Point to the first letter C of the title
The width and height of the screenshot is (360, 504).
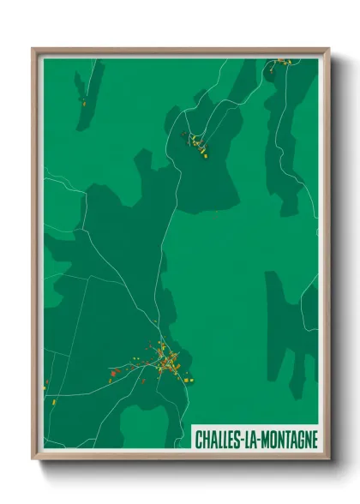(199, 439)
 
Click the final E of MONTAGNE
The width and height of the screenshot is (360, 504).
(314, 439)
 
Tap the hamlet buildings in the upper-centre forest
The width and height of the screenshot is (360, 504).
(197, 143)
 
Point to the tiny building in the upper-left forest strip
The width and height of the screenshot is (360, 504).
(84, 102)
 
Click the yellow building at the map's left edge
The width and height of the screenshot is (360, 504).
(51, 400)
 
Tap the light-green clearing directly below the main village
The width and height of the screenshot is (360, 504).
(141, 424)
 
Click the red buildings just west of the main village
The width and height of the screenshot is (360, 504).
(116, 372)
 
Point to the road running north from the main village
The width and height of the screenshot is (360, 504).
(160, 283)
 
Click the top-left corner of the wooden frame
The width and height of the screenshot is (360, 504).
(33, 50)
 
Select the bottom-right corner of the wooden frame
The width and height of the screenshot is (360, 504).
(328, 459)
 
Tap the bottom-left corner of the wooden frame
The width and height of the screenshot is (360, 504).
(33, 459)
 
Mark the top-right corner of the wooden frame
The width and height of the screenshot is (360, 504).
(328, 50)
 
